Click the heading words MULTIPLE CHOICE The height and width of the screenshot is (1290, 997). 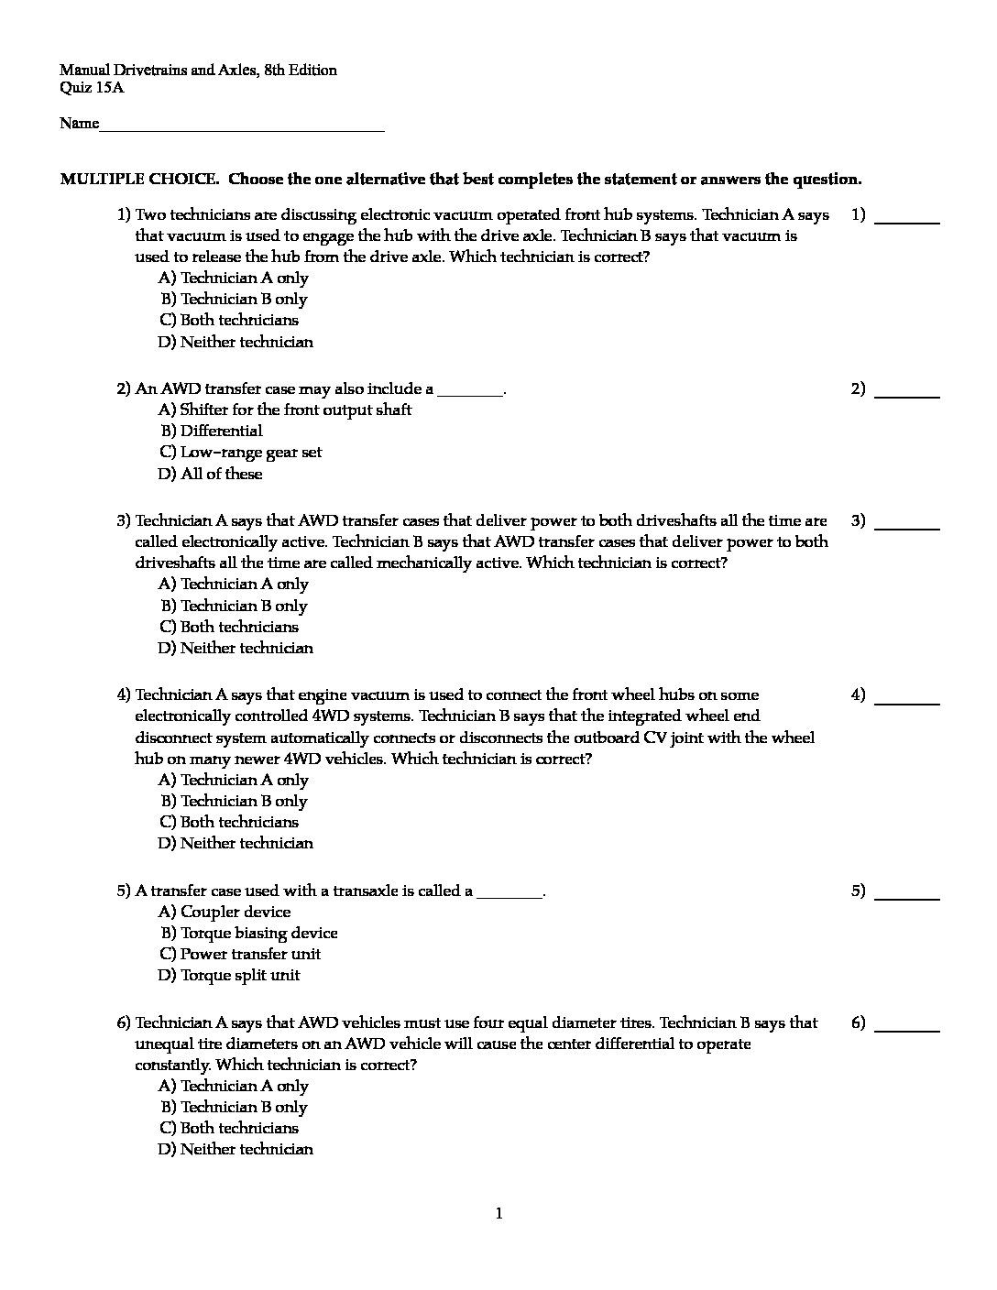(x=138, y=180)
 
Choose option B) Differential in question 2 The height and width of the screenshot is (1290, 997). (x=212, y=432)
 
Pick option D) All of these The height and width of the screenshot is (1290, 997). (x=210, y=474)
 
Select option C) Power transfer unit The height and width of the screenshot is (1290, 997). (x=239, y=954)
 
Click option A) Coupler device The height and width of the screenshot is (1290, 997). (x=225, y=912)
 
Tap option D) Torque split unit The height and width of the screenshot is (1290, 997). (x=229, y=975)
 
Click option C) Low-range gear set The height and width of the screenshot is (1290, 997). (x=240, y=453)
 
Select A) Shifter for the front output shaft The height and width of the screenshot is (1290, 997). (x=285, y=410)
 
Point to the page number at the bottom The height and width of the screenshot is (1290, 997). (x=498, y=1214)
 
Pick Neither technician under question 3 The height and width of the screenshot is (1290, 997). (x=236, y=649)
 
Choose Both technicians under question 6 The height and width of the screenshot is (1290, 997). (x=229, y=1128)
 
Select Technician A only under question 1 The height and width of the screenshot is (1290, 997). (x=233, y=278)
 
